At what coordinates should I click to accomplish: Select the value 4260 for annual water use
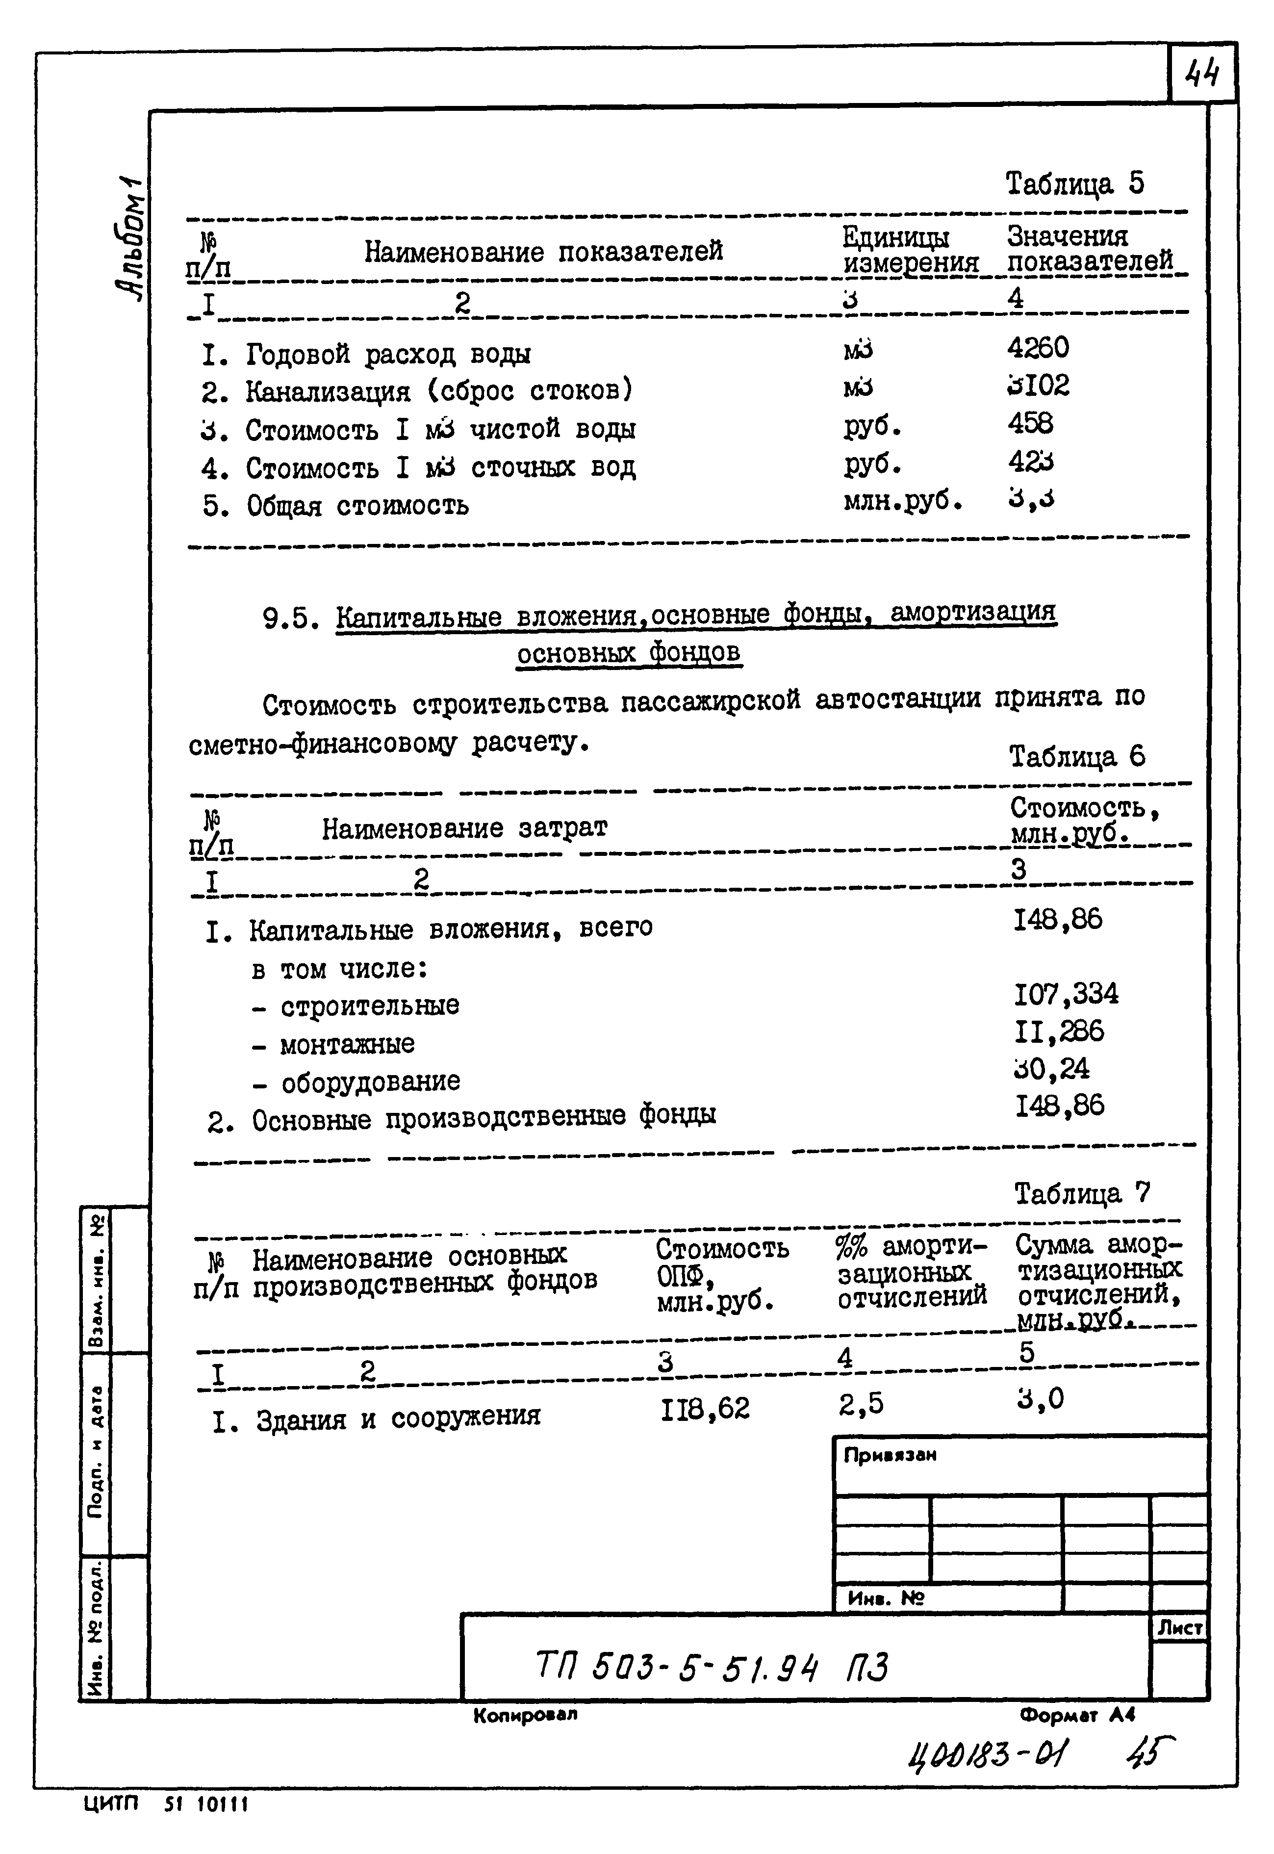tap(1037, 348)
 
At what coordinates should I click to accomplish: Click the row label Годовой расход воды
tap(387, 354)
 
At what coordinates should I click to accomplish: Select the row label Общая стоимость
tap(357, 505)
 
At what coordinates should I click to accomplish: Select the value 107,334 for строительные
tap(1066, 994)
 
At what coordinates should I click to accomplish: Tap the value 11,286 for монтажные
tap(1058, 1031)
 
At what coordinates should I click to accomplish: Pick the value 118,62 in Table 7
tap(705, 1409)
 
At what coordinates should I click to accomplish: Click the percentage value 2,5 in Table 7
tap(861, 1404)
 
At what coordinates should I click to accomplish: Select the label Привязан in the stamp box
tap(889, 1455)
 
